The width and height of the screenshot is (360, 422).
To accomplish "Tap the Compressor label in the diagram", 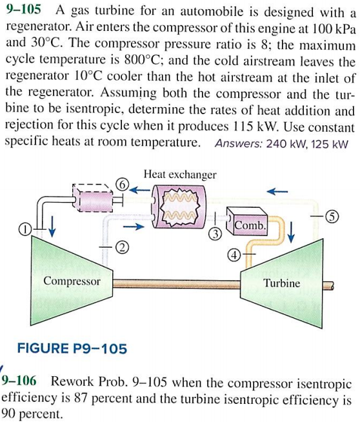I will (x=72, y=281).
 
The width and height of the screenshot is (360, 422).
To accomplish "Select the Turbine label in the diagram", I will (x=282, y=283).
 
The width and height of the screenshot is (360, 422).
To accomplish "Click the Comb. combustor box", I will (x=248, y=226).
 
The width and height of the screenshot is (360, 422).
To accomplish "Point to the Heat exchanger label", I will (x=180, y=174).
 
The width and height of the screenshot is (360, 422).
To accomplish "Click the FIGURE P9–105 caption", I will (x=72, y=349).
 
